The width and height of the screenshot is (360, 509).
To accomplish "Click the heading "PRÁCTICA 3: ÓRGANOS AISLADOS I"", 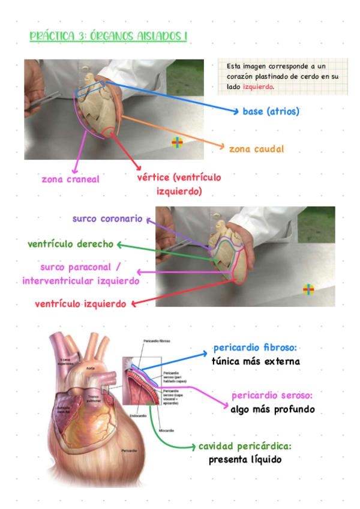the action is tap(109, 37).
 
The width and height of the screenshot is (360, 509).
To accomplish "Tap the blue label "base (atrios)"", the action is tap(271, 112).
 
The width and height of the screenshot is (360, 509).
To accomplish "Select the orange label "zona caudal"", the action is tap(256, 148).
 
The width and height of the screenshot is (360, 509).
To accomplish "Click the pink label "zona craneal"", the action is tap(70, 179).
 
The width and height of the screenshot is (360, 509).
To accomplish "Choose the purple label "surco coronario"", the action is tap(107, 219).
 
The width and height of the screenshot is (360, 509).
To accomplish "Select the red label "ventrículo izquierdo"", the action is tap(80, 304).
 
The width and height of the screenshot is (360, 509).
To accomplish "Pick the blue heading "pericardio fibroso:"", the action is tap(256, 349).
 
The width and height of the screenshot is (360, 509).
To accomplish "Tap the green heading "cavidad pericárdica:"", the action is tap(253, 447).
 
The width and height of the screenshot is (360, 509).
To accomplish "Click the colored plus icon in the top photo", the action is tap(177, 142).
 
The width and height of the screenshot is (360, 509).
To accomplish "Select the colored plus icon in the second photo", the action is tap(308, 289).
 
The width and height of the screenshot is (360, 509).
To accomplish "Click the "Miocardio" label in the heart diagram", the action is tap(167, 430).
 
